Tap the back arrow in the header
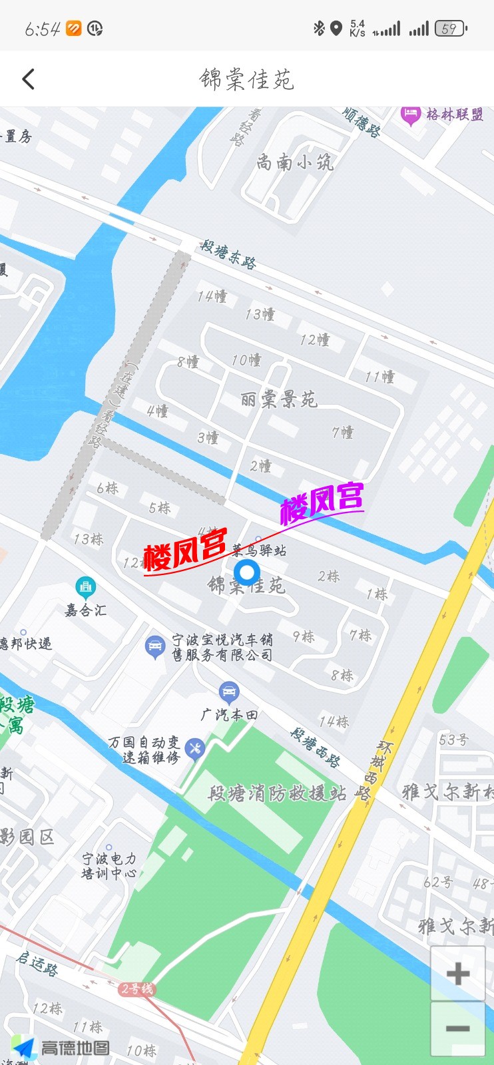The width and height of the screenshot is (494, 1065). pos(29,79)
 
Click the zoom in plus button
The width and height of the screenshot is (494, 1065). pos(457,974)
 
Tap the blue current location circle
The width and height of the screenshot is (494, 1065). pos(247,572)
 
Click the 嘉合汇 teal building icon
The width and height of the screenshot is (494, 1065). pos(85,587)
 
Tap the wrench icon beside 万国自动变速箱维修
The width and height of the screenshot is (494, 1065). pos(194,748)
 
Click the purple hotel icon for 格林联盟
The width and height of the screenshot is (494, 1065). pos(410,114)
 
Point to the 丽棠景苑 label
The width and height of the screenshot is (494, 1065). pos(278,399)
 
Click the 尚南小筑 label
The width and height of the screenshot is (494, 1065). pos(295,162)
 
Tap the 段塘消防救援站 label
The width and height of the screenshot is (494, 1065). pos(278,793)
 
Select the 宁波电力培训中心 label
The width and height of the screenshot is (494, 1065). pos(109,865)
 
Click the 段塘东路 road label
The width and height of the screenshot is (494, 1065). pos(228,254)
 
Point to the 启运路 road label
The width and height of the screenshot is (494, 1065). pos(37,963)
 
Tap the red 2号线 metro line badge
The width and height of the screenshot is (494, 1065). pos(137,989)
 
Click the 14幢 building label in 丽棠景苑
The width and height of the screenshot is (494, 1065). pos(212,296)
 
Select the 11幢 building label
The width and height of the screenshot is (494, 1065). pos(379,377)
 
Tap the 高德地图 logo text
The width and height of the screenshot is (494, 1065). pos(75,1048)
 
